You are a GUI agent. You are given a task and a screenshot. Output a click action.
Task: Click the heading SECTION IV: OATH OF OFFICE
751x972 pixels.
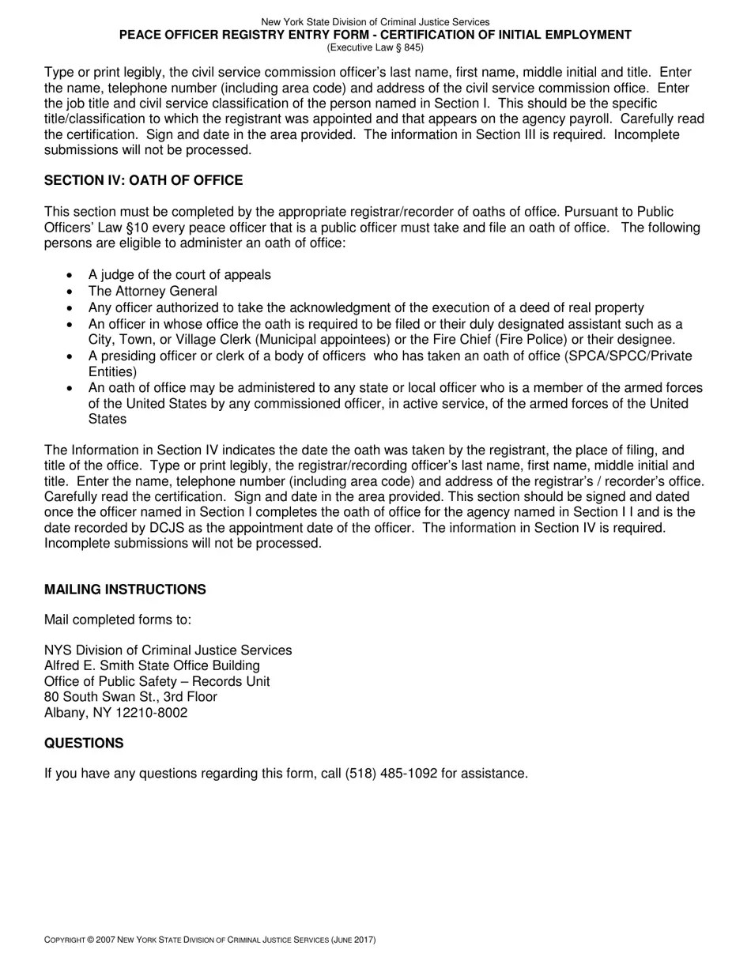pos(143,181)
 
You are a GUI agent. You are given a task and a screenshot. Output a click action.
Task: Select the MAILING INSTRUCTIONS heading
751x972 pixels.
pos(125,590)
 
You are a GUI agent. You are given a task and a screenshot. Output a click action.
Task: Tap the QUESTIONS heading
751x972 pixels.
pos(84,744)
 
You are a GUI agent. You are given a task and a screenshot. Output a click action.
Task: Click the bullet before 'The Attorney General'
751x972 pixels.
pos(70,292)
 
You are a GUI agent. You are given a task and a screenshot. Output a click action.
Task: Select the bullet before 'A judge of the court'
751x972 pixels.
pos(70,276)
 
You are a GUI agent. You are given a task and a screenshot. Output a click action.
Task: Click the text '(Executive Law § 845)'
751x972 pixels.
pos(375,47)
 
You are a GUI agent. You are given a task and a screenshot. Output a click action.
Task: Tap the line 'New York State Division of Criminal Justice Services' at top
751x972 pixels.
pos(375,22)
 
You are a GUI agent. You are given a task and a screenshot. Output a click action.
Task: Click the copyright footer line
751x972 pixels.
pos(209,940)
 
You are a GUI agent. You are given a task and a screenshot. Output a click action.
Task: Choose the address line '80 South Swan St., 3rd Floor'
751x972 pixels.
pos(130,697)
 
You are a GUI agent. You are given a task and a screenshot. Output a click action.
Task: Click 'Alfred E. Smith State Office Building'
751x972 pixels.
pos(152,666)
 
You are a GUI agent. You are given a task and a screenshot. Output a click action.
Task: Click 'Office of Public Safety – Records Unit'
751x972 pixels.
pos(157,681)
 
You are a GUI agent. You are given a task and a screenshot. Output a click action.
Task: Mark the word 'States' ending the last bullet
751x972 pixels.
pos(108,420)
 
